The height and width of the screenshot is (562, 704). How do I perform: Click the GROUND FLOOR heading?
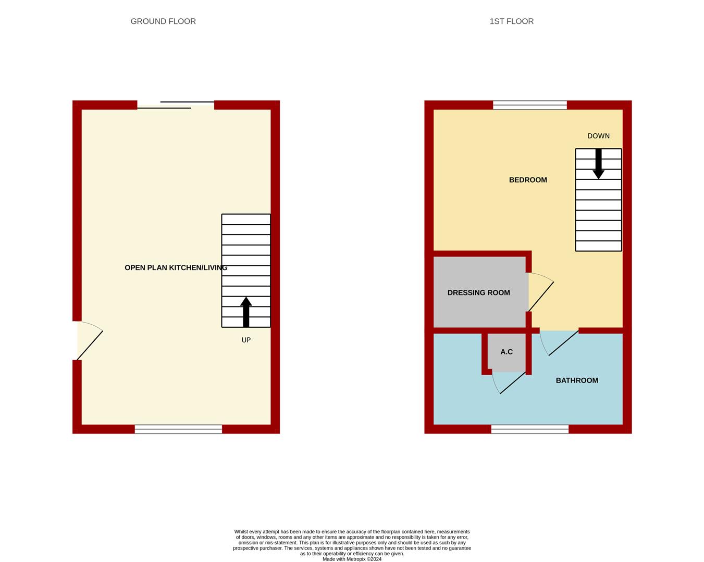163,21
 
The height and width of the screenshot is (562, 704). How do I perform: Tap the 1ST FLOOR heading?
511,21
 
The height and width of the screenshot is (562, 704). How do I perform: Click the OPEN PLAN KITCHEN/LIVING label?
176,267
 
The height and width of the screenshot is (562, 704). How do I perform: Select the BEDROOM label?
528,180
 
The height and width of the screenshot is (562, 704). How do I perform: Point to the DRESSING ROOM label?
478,292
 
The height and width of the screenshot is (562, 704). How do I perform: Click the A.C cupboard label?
507,352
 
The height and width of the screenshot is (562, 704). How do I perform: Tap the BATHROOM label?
577,380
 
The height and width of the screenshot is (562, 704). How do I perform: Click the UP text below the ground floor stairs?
246,340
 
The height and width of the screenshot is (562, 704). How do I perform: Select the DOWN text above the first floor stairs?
598,136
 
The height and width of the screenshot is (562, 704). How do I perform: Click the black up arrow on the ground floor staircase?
246,312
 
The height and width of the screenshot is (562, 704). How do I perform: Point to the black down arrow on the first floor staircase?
598,164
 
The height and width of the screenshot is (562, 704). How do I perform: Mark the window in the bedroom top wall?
529,105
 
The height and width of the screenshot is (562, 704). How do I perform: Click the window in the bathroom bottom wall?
529,429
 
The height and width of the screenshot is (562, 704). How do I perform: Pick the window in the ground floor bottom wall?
178,429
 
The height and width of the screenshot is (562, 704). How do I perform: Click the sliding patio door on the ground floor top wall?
176,105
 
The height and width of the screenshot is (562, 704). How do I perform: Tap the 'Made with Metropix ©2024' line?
352,559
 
